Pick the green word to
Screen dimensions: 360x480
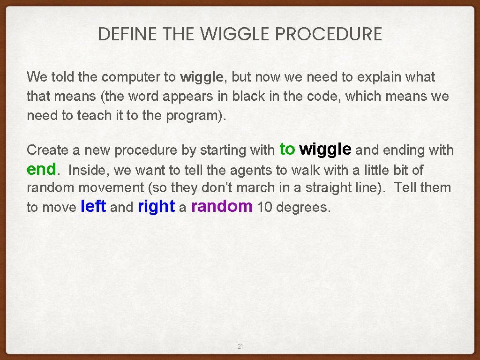coord(287,149)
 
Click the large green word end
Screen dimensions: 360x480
coord(41,169)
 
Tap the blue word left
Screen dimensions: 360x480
coord(93,206)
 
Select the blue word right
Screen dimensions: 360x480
coord(156,206)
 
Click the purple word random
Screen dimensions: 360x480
coord(222,206)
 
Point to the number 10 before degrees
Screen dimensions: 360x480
coord(264,207)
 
